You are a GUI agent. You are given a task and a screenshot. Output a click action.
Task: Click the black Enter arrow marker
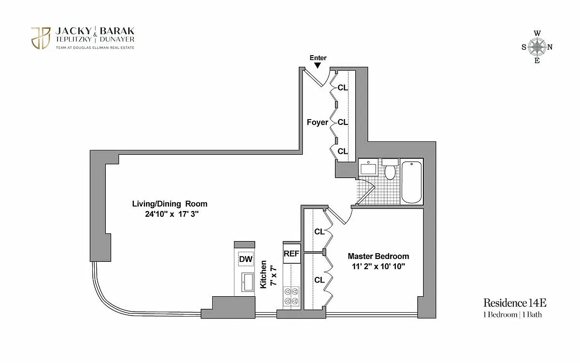[x=318, y=65]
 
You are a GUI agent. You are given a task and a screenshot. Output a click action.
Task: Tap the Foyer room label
[x=318, y=122]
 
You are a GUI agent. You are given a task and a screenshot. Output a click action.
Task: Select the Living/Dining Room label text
[x=170, y=204]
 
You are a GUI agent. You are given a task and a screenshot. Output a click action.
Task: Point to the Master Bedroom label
[x=378, y=256]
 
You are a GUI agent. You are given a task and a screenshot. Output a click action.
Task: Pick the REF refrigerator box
[x=291, y=253]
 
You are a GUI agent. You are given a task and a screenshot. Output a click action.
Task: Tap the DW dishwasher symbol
[x=246, y=259]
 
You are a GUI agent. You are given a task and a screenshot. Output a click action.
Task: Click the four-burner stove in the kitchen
[x=291, y=296]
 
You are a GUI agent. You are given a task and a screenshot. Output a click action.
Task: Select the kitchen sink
[x=247, y=282]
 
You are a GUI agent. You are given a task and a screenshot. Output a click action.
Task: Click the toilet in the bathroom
[x=390, y=169]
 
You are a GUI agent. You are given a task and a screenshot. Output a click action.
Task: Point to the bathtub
[x=411, y=182]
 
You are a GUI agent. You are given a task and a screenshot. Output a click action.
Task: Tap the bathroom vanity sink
[x=368, y=167]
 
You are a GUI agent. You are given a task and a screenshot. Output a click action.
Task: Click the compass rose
[x=537, y=47]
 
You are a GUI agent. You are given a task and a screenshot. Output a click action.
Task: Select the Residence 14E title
[x=515, y=303]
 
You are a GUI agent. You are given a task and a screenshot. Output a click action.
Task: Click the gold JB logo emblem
[x=41, y=38]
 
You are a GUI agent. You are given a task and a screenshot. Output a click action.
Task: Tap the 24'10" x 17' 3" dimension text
[x=172, y=214]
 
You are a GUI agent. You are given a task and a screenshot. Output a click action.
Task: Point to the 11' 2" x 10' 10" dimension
[x=378, y=266]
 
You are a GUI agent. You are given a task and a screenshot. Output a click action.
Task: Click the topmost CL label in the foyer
[x=343, y=88]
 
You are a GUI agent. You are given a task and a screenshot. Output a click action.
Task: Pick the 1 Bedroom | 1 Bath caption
[x=512, y=315]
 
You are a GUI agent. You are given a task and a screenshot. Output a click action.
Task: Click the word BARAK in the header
[x=117, y=31]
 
